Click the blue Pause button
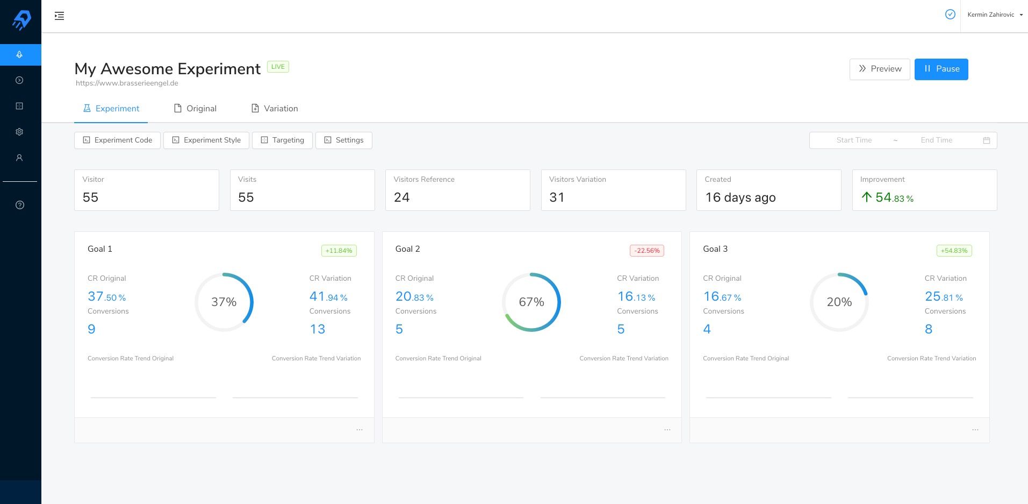941,69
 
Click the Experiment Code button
117,140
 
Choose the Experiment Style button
206,140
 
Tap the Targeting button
282,140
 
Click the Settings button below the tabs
343,140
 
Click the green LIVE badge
278,67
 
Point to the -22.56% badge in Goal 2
646,250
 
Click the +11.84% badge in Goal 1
339,250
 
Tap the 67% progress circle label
531,302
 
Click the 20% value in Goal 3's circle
839,302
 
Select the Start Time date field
854,140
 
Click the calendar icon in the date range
987,140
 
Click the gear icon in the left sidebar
19,132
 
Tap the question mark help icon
20,205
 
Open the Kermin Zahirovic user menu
995,15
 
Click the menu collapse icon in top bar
59,16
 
